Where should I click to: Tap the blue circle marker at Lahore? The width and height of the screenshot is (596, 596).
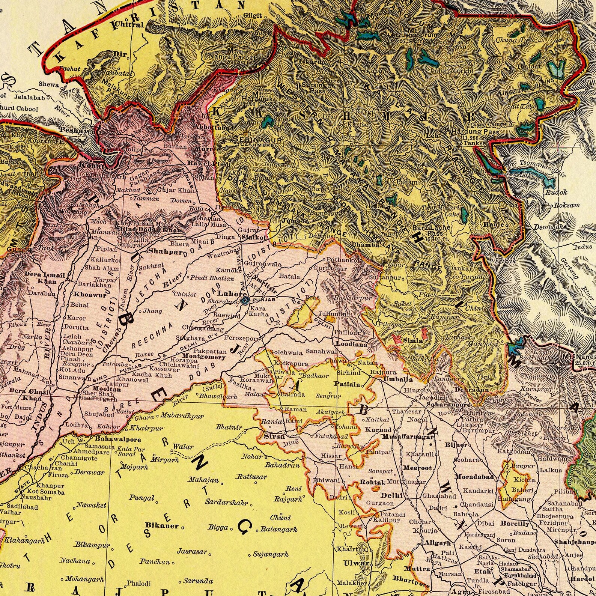click(245, 301)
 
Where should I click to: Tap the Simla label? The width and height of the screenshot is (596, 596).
click(413, 340)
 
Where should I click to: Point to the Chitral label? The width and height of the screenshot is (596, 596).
click(129, 25)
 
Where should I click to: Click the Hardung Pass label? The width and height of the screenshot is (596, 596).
click(475, 132)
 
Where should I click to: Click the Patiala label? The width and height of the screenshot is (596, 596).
click(348, 384)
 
